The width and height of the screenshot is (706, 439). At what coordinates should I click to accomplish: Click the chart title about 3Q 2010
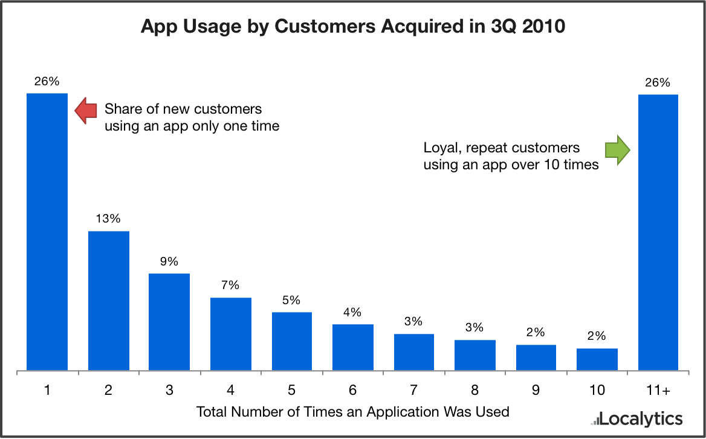coord(353,28)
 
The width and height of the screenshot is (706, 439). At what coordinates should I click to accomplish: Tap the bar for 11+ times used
coord(658,232)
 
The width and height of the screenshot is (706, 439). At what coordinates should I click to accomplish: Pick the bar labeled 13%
coord(109,300)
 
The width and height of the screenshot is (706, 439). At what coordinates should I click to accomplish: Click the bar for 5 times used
coord(292,340)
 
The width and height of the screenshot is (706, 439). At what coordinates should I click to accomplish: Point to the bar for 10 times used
coord(597,359)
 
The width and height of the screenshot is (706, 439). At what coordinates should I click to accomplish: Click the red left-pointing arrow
coord(85,111)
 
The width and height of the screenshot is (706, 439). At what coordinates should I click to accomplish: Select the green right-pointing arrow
coord(618,150)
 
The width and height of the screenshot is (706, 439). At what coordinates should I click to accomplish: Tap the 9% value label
coord(170,262)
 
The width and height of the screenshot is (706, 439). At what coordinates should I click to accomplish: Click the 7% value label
coord(231,285)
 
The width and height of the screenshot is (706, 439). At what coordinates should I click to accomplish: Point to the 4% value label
coord(352,313)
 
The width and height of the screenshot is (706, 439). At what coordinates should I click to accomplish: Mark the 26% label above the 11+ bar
coord(658,83)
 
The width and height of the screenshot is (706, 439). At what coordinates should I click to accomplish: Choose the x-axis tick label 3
coord(170,391)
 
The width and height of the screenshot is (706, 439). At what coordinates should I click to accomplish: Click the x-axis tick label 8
coord(474,391)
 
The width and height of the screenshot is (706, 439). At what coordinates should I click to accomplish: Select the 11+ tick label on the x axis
coord(658,391)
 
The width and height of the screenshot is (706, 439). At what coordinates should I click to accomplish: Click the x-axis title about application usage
coord(353,412)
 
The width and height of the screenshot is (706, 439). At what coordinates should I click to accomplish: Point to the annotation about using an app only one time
coord(192,118)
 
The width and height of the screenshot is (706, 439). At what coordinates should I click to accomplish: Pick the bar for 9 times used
coord(536,357)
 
